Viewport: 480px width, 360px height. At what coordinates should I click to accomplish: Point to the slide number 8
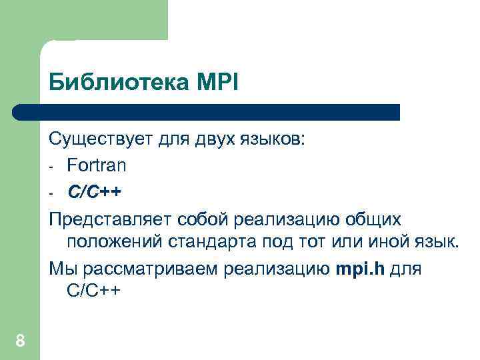[20, 342]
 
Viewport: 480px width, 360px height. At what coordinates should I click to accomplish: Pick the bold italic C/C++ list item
[94, 192]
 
